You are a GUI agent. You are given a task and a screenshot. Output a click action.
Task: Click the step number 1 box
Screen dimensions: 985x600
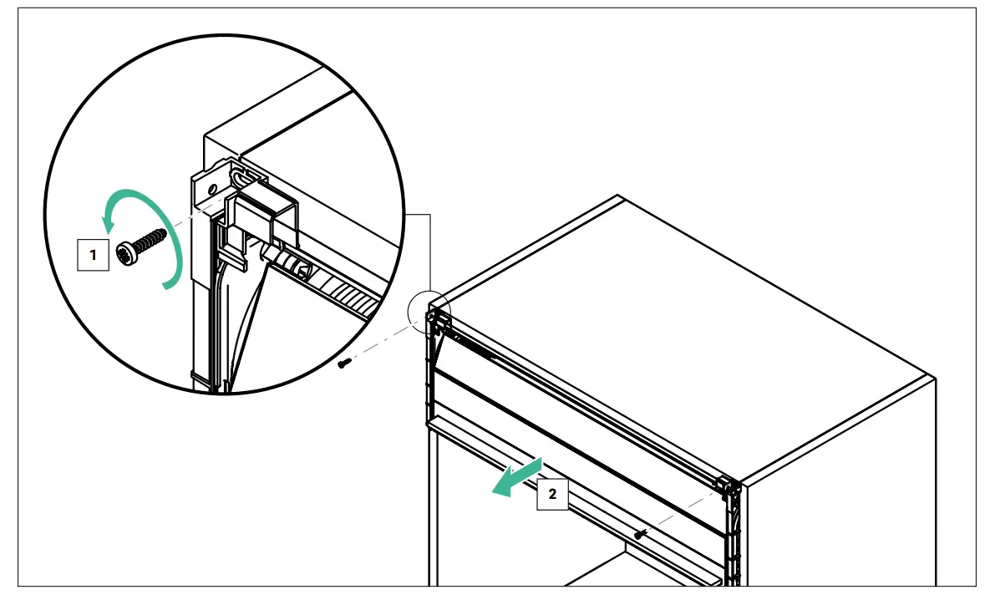tap(94, 255)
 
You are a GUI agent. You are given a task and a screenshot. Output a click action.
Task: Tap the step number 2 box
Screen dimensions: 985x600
tap(551, 494)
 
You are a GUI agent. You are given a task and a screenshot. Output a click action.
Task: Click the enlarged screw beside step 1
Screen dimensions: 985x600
tap(142, 247)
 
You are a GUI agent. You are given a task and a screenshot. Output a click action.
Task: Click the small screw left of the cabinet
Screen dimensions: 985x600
tap(344, 363)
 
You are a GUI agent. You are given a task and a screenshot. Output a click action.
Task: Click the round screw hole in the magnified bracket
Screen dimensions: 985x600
tap(213, 178)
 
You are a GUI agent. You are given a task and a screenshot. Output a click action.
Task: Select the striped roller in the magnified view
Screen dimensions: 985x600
tap(326, 283)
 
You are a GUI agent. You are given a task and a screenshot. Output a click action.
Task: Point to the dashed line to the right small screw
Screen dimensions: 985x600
tap(681, 512)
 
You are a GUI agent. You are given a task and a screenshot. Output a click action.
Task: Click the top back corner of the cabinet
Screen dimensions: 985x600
tap(617, 196)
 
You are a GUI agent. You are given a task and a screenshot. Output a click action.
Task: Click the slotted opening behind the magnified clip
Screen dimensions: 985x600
tap(242, 176)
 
